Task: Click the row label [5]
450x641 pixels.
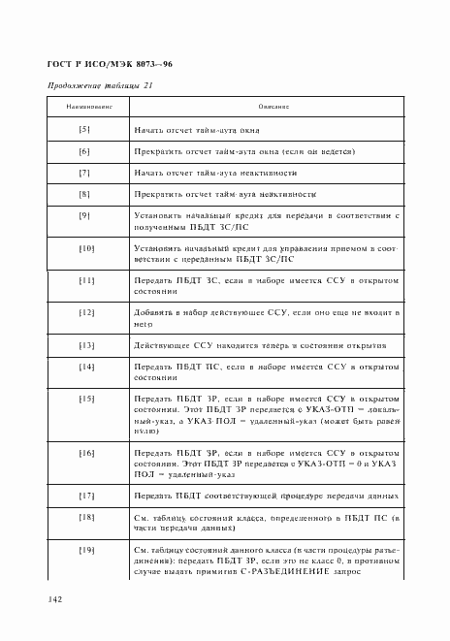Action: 84,129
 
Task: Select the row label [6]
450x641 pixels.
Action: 84,151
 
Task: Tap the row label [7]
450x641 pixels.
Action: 84,173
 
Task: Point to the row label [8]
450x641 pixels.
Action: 84,194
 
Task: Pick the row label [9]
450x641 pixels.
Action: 84,215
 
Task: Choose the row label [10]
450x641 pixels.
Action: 84,248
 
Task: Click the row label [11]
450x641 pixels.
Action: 84,281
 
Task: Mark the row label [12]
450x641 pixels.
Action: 84,313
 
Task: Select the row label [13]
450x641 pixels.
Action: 84,345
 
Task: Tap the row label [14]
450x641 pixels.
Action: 84,367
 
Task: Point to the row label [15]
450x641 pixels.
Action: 84,399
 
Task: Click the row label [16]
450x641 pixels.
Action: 84,453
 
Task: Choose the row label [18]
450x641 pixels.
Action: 84,518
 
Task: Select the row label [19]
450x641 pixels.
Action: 84,551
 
